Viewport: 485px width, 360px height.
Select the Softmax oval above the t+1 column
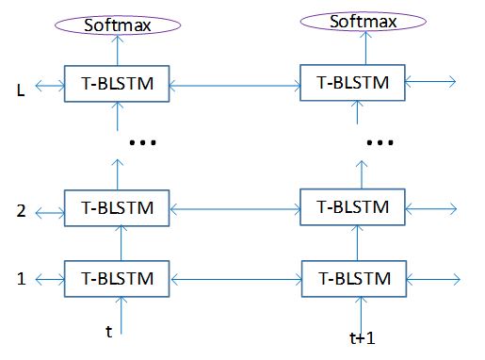pos(353,19)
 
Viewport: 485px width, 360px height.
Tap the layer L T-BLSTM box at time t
pos(117,85)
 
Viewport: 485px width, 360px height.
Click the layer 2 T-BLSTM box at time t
pos(117,207)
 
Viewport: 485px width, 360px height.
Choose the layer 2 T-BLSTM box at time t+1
pos(354,205)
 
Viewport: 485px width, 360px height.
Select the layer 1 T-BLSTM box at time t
pos(117,278)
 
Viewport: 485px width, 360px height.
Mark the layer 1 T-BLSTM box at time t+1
pos(354,279)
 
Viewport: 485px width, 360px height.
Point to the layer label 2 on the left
pos(20,210)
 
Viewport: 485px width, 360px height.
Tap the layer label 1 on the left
pos(20,280)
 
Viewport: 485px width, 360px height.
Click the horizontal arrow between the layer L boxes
pos(234,86)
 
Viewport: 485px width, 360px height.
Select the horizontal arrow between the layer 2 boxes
pos(234,207)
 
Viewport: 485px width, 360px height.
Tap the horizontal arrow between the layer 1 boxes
pos(234,279)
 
